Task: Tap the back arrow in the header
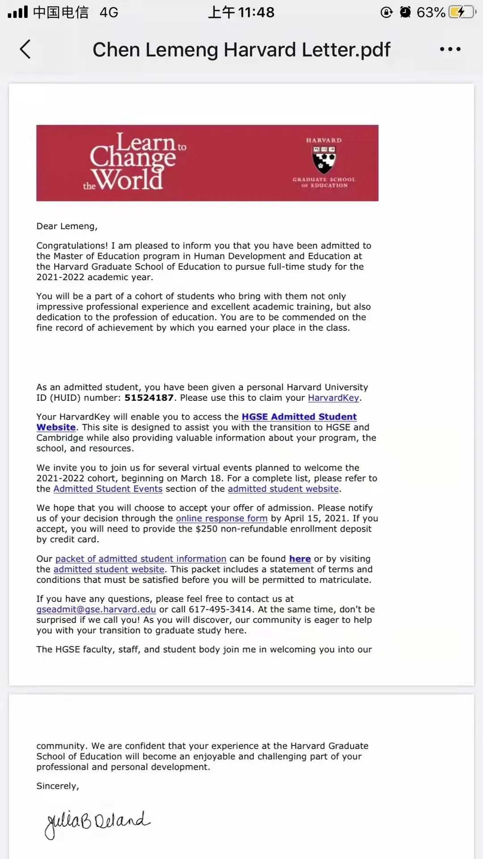25,49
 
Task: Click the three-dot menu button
450,49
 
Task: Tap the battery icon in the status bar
462,12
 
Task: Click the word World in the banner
129,180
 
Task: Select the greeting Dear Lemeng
67,226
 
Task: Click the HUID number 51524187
149,398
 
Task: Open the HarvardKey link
333,398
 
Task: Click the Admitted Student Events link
108,489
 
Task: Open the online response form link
221,519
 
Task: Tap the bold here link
300,559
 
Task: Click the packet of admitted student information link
140,559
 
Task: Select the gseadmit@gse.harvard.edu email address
96,609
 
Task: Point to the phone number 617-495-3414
220,609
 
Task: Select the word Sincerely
57,786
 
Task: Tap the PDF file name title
241,49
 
